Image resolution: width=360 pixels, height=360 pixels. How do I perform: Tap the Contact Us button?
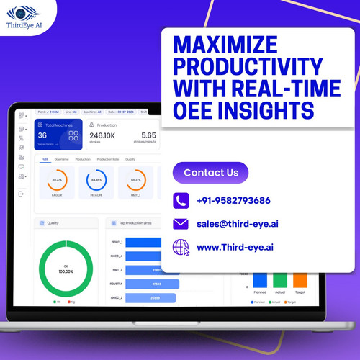click(210, 173)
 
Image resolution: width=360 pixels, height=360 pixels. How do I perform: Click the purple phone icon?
click(181, 200)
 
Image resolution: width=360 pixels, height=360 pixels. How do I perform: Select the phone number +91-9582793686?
click(233, 200)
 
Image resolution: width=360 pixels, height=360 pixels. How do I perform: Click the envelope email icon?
click(181, 223)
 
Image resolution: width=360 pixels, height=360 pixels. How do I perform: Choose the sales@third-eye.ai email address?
click(237, 223)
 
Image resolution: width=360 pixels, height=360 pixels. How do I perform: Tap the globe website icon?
click(181, 248)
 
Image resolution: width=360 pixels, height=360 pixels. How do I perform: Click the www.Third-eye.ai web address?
click(235, 247)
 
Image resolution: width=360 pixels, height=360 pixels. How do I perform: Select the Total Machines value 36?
click(42, 135)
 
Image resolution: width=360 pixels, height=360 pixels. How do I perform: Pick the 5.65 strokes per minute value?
click(148, 135)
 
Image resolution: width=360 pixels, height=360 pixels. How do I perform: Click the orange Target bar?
click(300, 281)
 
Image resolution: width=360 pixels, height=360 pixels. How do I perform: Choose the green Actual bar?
click(279, 281)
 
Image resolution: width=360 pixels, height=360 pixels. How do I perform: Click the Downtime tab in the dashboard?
click(62, 159)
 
